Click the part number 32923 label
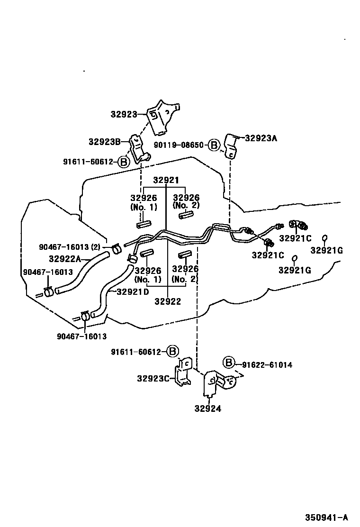coord(124,114)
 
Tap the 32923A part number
coord(261,138)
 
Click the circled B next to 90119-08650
coord(215,145)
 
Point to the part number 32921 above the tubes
coord(166,181)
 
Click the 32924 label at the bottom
coord(207,409)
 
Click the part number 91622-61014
coord(267,365)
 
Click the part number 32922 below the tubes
coord(168,301)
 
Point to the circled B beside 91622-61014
coord(229,363)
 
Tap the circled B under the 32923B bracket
coord(123,162)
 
